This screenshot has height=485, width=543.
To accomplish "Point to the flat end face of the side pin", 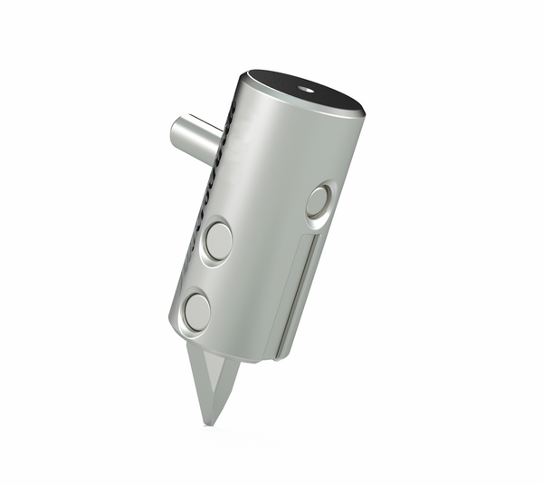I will click(180, 134).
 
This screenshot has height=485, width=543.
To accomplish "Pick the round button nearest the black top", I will click(318, 200).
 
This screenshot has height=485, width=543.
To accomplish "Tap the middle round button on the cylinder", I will click(218, 241).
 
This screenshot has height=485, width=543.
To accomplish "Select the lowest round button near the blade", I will click(196, 311).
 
